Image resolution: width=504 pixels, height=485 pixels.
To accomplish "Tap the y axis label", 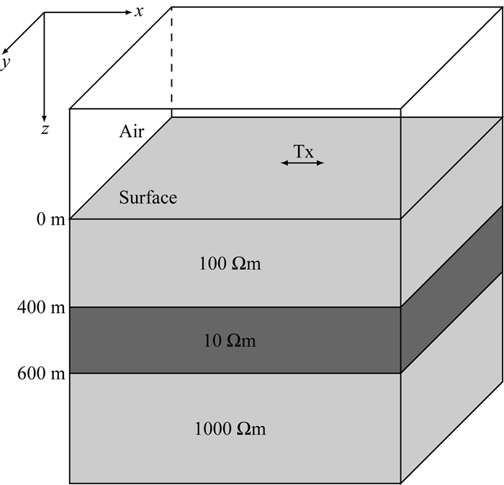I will pos(6,63).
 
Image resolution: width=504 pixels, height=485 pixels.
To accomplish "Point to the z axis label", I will pos(45,130).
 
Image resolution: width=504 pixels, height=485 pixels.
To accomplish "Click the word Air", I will pos(132,131).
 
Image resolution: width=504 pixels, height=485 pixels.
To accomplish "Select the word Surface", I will pos(148,197).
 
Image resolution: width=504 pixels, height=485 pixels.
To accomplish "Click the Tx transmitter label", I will pos(303,151).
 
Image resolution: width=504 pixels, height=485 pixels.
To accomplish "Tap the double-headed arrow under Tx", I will pos(302,163).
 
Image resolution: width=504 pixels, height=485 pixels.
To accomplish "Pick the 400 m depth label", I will pos(40,308).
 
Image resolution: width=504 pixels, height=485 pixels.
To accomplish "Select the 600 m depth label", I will pos(40,373).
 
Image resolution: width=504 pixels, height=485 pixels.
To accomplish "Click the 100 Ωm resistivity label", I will pos(229,264).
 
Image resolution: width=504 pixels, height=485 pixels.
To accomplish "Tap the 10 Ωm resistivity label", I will pos(229,341).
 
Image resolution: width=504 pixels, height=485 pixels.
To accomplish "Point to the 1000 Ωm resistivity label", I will pos(230,430).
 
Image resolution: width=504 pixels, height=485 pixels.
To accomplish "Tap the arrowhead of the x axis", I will pos(127,12).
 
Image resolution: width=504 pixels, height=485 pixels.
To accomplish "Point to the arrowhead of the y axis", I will pos(5,51).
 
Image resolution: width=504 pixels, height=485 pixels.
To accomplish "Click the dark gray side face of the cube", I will pos(451,288).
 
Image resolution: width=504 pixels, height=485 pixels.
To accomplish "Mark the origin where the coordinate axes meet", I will pos(45,13).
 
